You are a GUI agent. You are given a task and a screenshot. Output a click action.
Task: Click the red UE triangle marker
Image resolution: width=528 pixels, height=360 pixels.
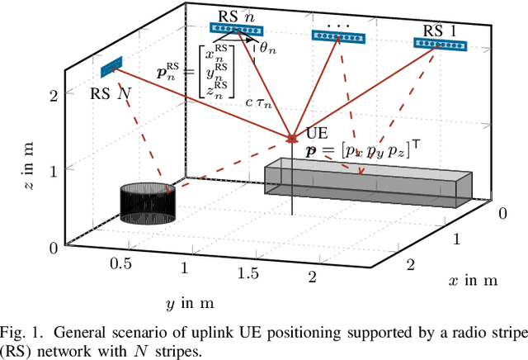tap(291, 136)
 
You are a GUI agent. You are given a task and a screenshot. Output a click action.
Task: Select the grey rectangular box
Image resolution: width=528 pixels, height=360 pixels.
tap(367, 182)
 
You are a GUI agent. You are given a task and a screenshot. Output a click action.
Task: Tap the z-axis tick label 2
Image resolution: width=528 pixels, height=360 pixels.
tap(53, 96)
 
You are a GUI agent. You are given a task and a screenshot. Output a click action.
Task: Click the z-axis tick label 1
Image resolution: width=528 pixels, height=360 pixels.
tap(53, 171)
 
